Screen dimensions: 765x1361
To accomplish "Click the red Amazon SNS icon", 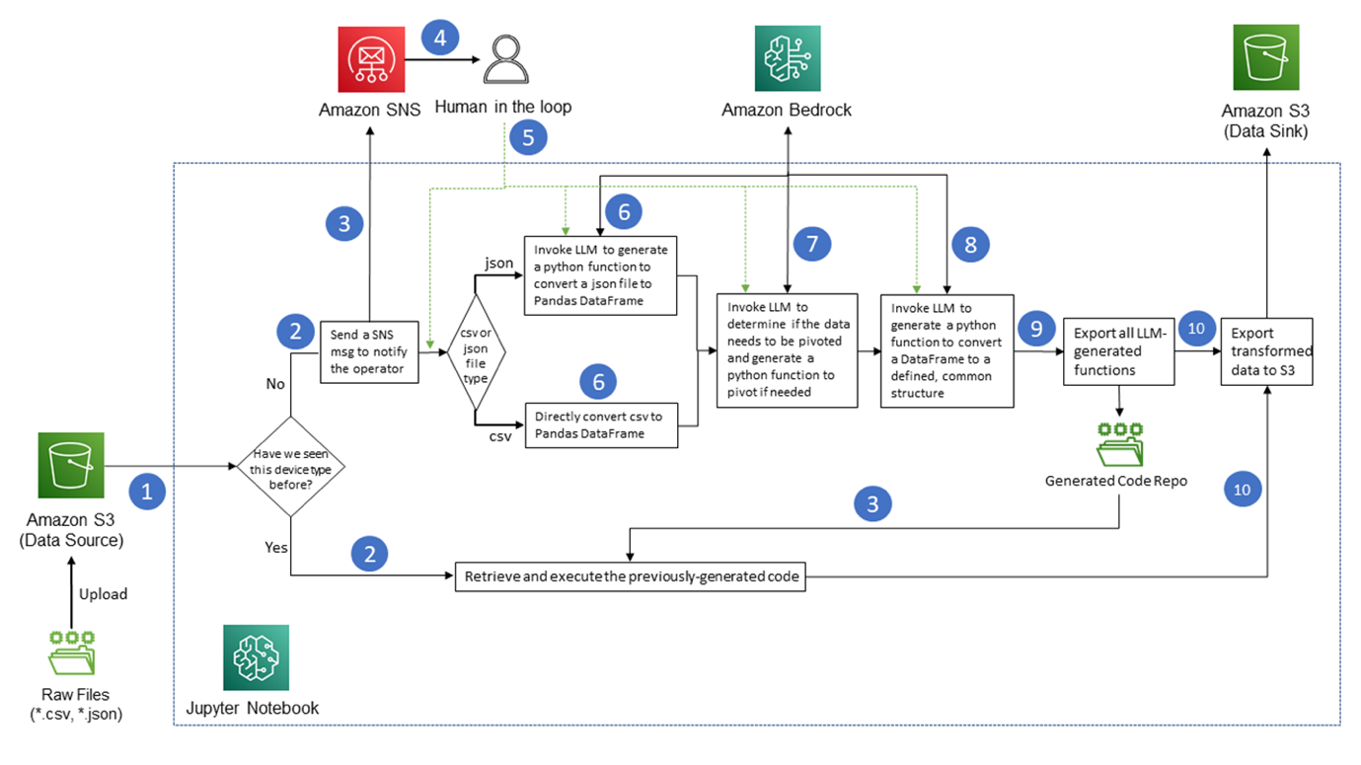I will point(370,59).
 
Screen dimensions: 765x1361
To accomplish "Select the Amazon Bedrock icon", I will point(787,59).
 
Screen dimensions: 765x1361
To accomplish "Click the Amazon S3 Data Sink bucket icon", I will point(1265,57).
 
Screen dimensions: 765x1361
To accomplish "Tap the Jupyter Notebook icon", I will point(257,657).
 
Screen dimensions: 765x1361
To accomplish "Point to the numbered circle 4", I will point(440,38).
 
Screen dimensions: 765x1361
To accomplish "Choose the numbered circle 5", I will point(528,137).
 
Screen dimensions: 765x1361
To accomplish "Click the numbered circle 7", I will point(812,244).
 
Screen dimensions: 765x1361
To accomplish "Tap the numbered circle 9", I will point(1035,328).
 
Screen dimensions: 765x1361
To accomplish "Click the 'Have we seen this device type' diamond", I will point(290,466).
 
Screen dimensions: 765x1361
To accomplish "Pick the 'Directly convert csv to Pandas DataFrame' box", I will point(601,424).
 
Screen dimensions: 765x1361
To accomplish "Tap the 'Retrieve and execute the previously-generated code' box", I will point(630,576).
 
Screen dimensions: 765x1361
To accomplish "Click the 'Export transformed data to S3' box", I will point(1266,350).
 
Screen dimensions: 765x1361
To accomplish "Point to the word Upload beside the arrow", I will point(104,594).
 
